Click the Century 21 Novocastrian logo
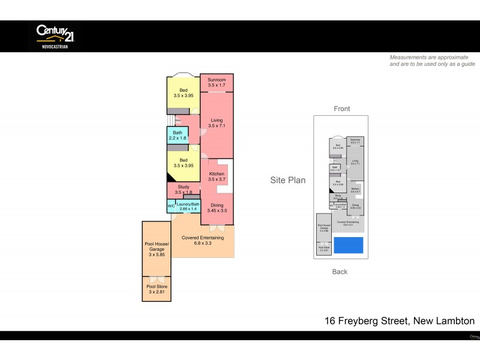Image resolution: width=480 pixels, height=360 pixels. pos(54,35)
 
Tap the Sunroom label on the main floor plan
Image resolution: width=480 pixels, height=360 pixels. pos(217,83)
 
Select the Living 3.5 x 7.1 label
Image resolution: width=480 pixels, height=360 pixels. pos(217,123)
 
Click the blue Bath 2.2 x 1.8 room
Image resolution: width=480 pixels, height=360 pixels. pos(178,136)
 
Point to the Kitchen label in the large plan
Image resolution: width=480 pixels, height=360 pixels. pos(217,176)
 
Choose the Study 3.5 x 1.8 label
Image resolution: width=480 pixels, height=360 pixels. pos(183,190)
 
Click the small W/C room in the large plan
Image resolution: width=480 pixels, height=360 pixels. pos(171,206)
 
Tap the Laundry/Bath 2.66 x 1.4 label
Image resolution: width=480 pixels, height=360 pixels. pos(188,206)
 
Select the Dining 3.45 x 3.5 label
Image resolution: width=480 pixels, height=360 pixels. pos(217,208)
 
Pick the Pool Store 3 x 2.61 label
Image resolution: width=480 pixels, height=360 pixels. pos(157,290)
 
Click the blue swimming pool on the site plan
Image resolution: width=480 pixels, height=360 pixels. pos(348,245)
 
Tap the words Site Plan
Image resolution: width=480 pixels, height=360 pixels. pos(288,179)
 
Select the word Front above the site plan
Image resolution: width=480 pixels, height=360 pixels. pos(341,109)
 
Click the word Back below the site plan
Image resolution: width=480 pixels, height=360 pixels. pos(340,272)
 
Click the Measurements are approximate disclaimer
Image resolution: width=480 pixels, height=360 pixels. pos(432,61)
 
